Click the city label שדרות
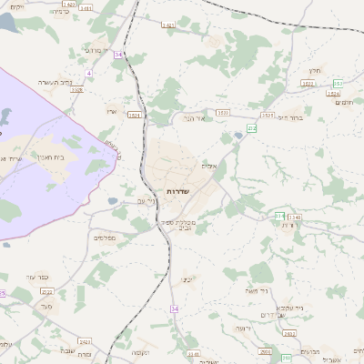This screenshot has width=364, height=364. point(177,190)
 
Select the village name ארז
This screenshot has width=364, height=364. point(112,109)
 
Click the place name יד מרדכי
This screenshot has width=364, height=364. point(95,50)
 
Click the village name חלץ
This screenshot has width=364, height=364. point(316,69)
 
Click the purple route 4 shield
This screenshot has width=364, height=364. point(88,72)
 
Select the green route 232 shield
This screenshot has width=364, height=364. point(252,128)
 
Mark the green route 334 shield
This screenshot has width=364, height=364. point(279,216)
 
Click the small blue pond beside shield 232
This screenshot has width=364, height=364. point(238,136)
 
